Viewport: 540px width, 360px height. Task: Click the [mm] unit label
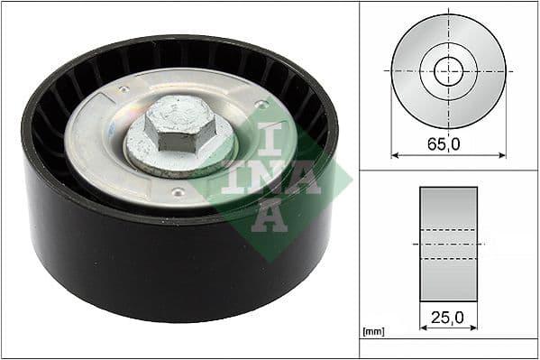373,332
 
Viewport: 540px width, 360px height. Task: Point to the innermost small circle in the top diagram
448,71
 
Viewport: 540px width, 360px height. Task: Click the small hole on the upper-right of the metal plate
262,106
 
